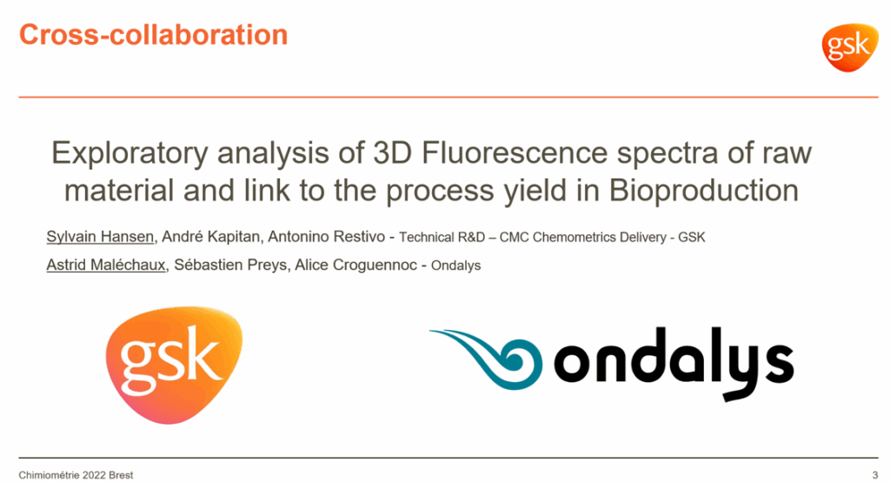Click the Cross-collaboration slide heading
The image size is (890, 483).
click(153, 35)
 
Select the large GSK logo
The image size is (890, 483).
click(174, 365)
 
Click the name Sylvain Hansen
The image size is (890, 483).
click(100, 237)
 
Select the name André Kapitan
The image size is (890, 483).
click(210, 237)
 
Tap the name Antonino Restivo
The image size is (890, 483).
click(327, 237)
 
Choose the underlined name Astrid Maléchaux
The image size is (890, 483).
click(106, 265)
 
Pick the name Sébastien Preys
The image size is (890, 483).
click(230, 265)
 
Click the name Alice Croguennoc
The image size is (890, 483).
click(355, 265)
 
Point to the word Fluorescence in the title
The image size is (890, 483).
click(515, 153)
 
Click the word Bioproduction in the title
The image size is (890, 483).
click(704, 191)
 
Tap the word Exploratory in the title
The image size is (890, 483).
click(130, 154)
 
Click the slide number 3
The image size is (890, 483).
click(874, 475)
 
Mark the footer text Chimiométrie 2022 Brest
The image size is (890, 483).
click(76, 475)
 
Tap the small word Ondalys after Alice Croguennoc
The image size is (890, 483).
click(455, 266)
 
